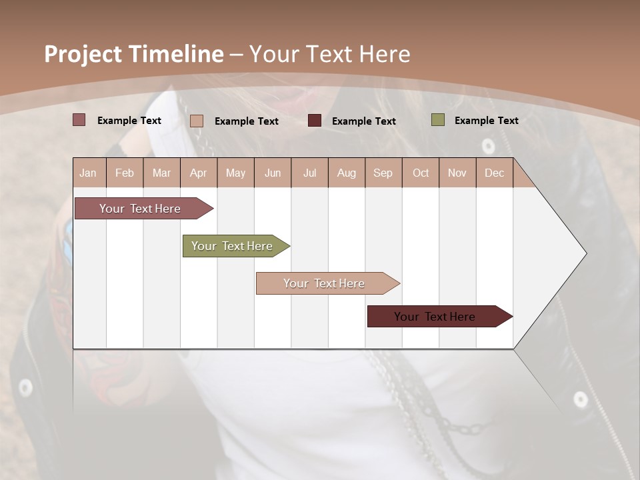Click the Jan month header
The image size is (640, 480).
pos(88,173)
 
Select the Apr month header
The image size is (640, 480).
pos(198,173)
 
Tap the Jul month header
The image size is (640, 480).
pos(309,173)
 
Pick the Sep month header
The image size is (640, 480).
pos(383,173)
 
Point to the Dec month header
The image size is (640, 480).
pos(494,173)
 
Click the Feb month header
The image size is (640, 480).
pos(125,173)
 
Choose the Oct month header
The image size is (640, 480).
pos(421,173)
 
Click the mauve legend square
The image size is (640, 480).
pos(79,120)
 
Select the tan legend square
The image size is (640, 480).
pos(197,121)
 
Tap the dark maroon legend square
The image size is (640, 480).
pos(315,121)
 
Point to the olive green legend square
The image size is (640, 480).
pos(437,120)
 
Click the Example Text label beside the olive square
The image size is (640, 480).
pos(486,121)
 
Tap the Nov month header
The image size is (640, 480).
pos(457,173)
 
